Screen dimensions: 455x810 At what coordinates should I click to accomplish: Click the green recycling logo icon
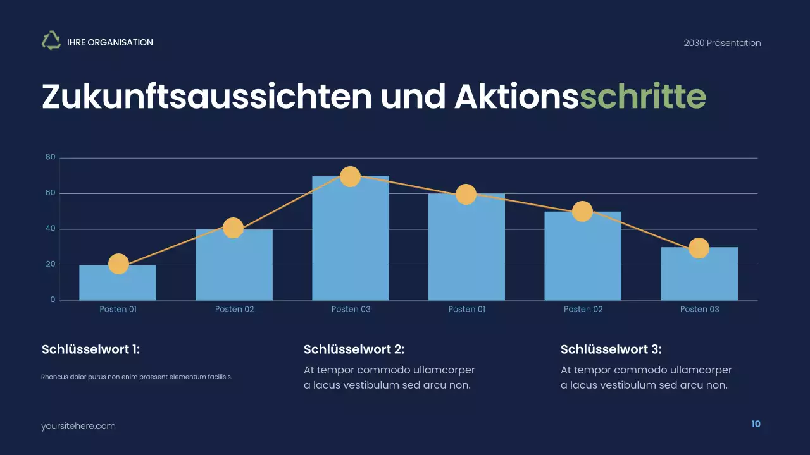point(51,41)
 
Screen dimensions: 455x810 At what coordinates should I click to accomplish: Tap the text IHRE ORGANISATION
point(110,42)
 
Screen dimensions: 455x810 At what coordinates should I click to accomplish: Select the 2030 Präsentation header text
point(722,43)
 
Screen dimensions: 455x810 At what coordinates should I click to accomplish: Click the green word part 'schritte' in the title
point(642,97)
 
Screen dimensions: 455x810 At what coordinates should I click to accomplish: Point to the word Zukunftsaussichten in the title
point(207,97)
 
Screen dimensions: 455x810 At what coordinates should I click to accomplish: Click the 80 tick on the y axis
point(51,157)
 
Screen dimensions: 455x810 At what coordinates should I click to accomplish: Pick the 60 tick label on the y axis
point(51,193)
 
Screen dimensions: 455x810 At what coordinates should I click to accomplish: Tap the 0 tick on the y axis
point(53,300)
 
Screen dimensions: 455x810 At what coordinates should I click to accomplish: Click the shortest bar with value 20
point(118,284)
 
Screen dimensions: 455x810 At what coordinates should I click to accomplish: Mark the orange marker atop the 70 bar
point(350,176)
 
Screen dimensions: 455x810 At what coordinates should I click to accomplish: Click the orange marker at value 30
point(699,248)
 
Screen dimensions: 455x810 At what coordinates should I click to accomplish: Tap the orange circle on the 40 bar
point(234,228)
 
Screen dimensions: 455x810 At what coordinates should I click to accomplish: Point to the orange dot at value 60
point(466,195)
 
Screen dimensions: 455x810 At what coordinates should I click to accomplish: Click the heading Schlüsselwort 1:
point(90,349)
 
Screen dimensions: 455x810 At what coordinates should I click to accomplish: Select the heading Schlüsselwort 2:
point(354,349)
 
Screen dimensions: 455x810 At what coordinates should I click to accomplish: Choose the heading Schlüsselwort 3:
point(611,349)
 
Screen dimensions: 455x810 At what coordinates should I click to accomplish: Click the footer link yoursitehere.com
point(78,426)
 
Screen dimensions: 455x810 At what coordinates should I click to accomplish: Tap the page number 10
point(756,424)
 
